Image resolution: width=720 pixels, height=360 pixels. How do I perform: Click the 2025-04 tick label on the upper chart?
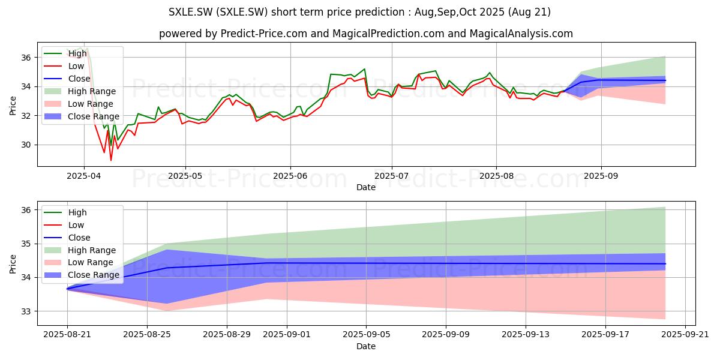(84, 176)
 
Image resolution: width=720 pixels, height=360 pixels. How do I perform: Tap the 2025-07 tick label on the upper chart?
(391, 176)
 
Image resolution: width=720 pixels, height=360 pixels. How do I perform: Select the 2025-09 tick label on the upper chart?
(601, 176)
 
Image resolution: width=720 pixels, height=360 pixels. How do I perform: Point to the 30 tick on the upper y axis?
(26, 145)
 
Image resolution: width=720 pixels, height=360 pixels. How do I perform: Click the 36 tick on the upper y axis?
(26, 58)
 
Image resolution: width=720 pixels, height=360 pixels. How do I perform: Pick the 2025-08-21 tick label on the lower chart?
(67, 335)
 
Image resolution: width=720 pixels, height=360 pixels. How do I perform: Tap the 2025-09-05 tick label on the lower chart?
(367, 335)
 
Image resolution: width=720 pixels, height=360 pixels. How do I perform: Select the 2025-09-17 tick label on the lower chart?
(605, 335)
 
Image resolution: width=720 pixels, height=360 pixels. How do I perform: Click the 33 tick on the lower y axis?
(26, 311)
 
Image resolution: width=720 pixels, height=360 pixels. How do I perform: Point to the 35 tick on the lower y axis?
(26, 244)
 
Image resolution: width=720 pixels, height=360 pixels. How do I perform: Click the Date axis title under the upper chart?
(366, 187)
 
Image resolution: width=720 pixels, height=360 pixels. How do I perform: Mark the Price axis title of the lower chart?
(13, 264)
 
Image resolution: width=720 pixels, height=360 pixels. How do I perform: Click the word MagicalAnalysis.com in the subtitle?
(521, 34)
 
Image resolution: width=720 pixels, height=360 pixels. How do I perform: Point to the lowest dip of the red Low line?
(111, 160)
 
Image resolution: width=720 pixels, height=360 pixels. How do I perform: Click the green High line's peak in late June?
(365, 69)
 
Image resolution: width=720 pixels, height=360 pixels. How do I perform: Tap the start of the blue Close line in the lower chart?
(67, 289)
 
